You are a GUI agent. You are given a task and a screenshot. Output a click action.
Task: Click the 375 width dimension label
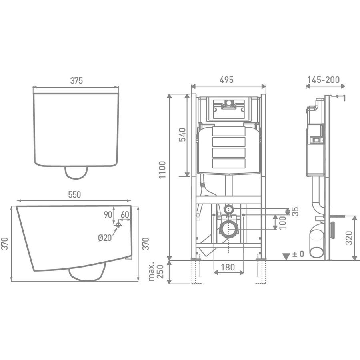click(76, 80)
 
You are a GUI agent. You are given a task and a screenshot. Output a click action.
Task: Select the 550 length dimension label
click(75, 195)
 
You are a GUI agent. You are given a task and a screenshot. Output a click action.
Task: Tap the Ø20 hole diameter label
click(105, 238)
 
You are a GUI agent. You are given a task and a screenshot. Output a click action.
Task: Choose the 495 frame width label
click(227, 80)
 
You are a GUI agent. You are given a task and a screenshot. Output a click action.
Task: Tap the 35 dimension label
click(295, 211)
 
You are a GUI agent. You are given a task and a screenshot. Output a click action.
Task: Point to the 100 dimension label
click(282, 222)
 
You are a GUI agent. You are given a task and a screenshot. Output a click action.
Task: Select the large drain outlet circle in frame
click(228, 230)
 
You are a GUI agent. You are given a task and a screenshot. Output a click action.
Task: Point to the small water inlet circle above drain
click(228, 208)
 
